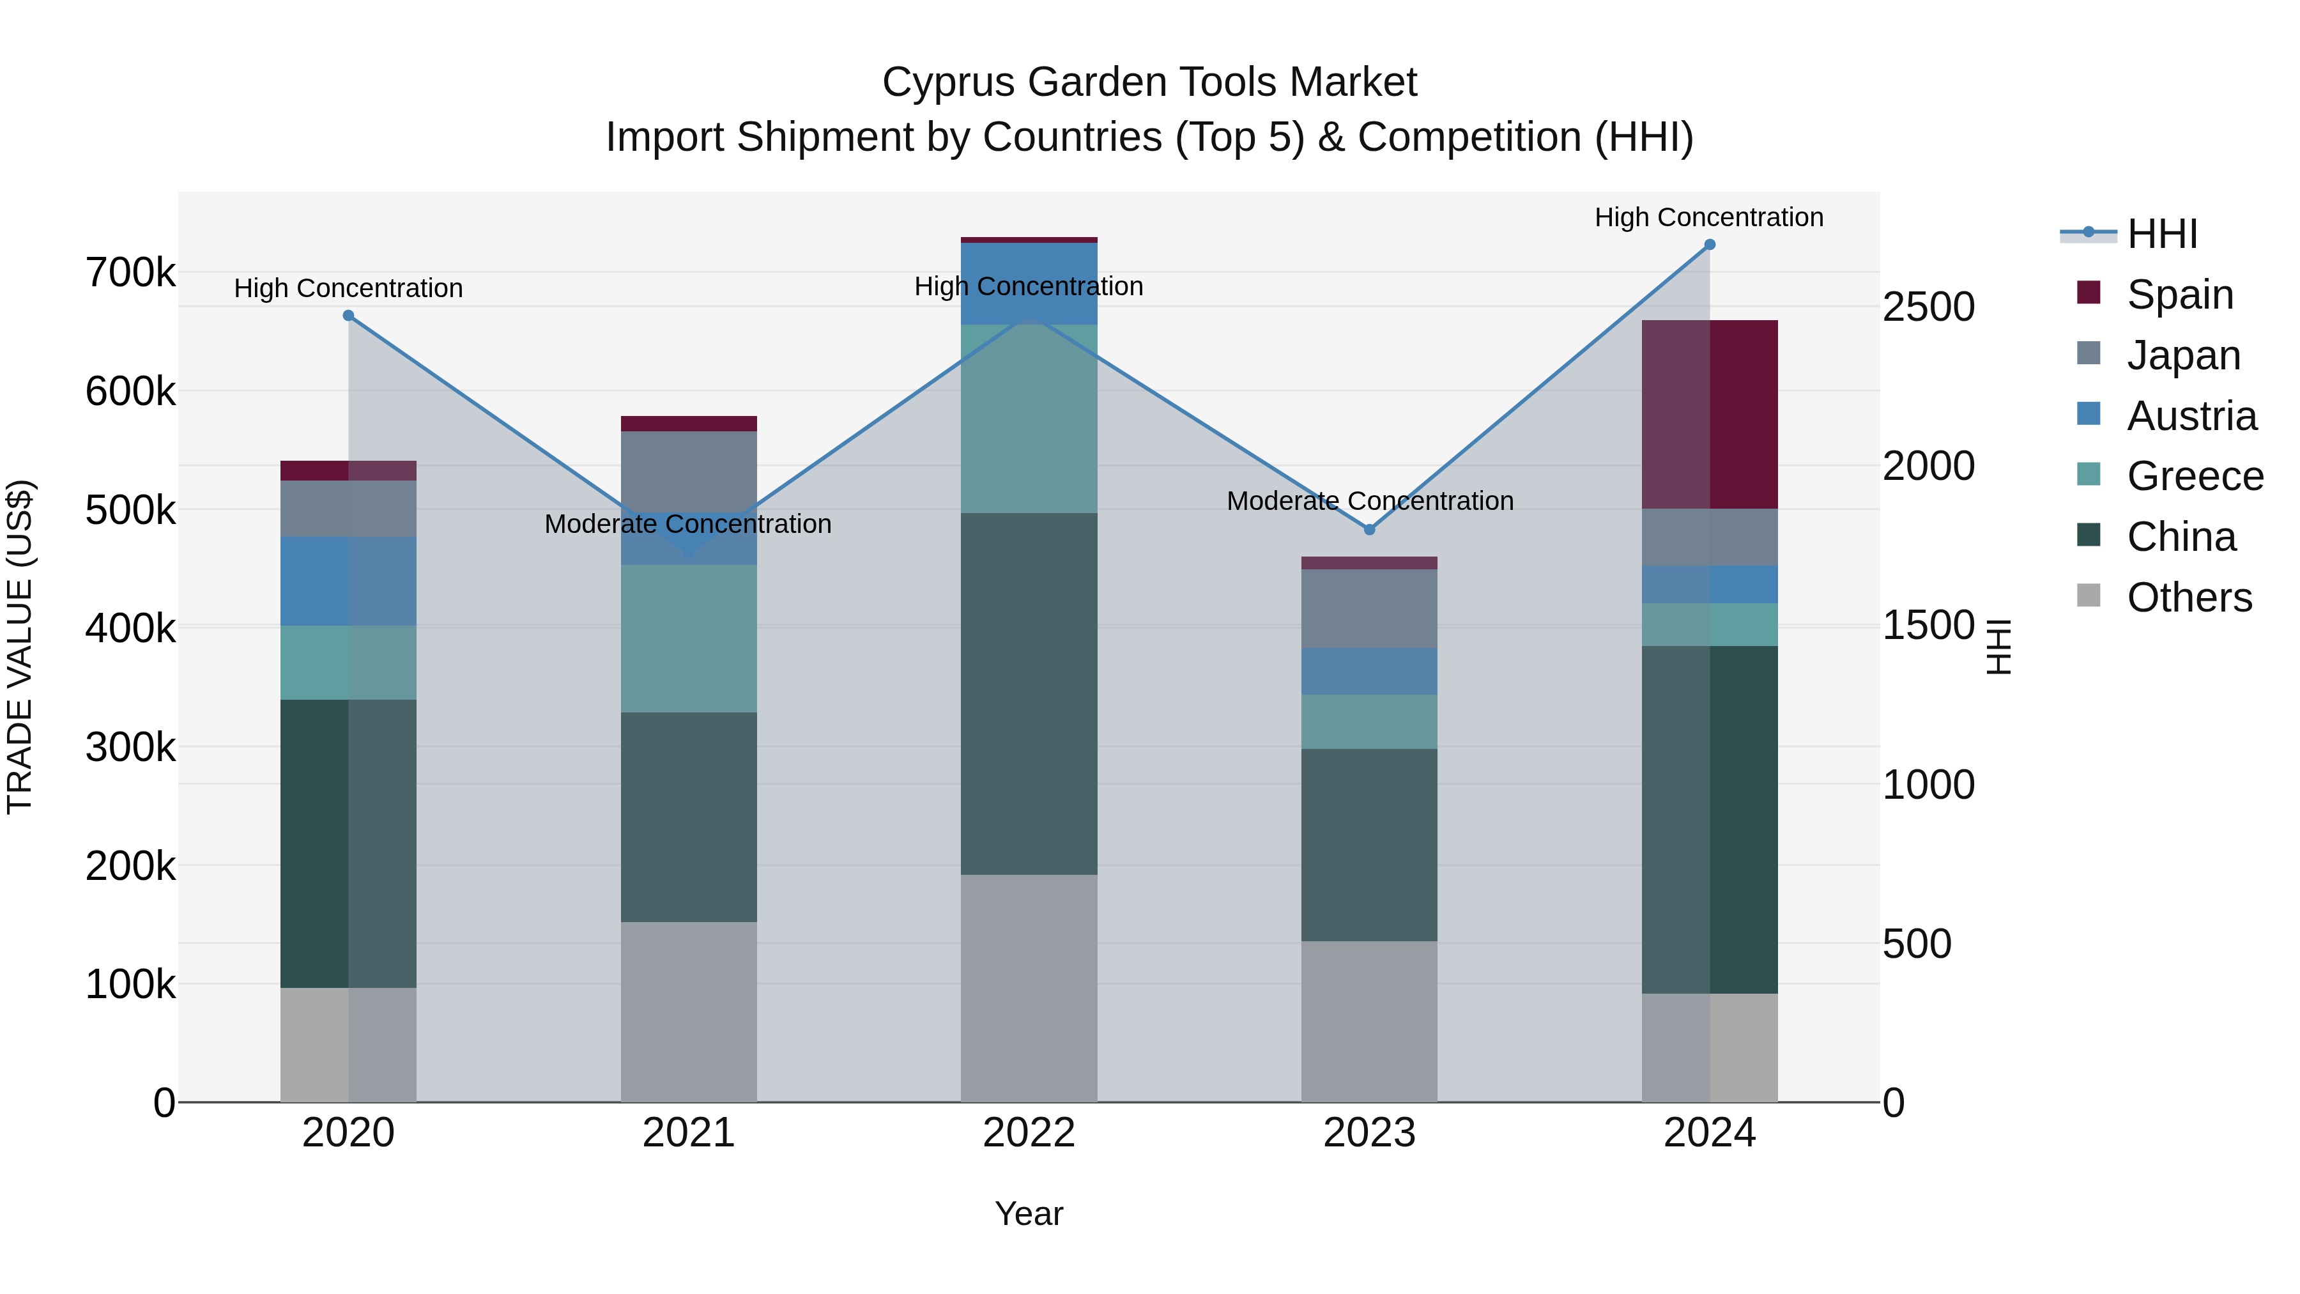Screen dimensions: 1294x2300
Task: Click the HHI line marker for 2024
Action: [1709, 245]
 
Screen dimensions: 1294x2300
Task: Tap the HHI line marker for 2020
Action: [348, 315]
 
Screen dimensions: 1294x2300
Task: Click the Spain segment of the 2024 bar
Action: [1709, 414]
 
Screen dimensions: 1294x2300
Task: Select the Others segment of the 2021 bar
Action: [688, 1011]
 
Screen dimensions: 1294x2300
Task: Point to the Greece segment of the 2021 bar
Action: [688, 638]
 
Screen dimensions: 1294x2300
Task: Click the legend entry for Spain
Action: [2179, 294]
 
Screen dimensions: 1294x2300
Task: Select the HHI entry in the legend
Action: [2161, 234]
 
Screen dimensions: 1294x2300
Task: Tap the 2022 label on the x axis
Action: [1029, 1132]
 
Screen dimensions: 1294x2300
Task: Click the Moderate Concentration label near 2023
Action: [1370, 500]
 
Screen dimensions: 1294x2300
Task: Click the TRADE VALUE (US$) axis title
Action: [20, 647]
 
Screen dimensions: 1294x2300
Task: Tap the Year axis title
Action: [1029, 1213]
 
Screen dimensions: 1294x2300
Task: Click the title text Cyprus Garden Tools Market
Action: [1149, 82]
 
